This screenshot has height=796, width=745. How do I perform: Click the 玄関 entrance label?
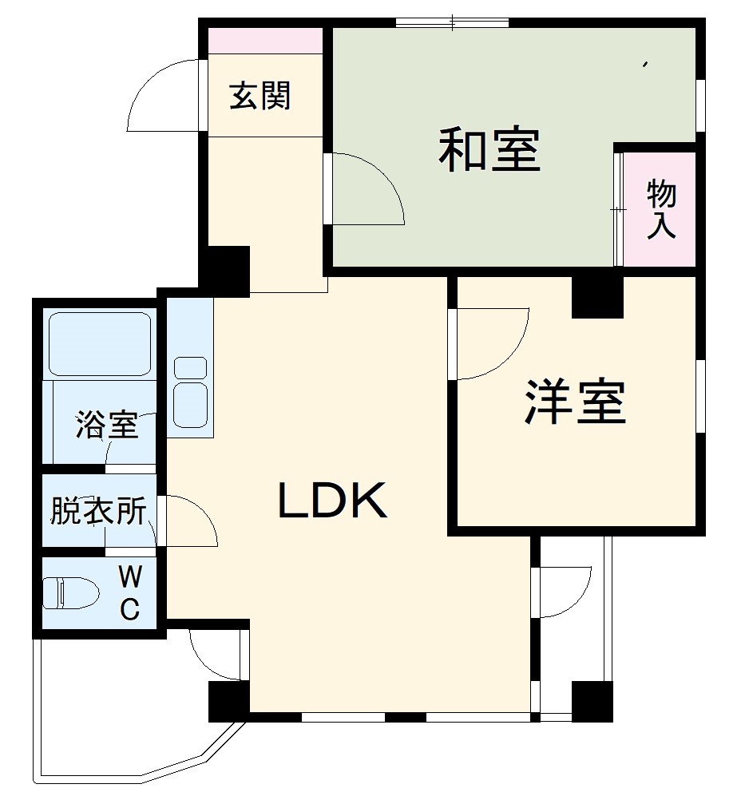[260, 96]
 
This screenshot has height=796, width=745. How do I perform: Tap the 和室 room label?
[489, 149]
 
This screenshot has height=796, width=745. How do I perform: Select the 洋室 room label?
[575, 401]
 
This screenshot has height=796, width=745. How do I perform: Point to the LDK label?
[333, 500]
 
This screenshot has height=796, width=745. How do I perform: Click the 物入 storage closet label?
[660, 208]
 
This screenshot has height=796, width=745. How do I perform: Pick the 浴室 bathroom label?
[107, 425]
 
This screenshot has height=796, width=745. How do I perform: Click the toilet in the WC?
[70, 592]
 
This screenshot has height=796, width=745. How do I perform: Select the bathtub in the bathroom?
[100, 343]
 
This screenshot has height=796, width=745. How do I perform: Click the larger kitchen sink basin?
[190, 405]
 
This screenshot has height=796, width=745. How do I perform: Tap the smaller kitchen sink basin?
[190, 367]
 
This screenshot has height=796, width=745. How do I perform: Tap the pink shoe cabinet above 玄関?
[266, 41]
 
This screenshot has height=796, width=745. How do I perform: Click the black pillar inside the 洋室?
[597, 298]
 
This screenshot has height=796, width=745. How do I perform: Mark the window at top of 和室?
[453, 22]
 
